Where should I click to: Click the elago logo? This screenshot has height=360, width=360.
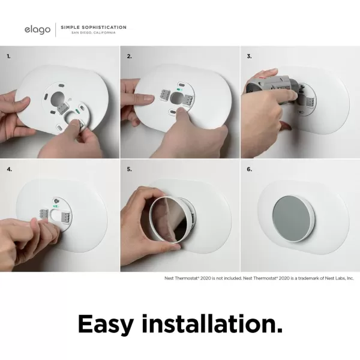[37, 29]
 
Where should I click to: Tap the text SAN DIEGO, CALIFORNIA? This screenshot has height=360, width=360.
[94, 32]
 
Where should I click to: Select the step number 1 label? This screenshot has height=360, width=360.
[9, 56]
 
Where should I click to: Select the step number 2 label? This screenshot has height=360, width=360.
[130, 56]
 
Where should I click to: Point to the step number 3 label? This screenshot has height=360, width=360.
[250, 56]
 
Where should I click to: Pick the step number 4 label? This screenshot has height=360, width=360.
[9, 169]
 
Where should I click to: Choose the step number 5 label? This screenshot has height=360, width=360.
[130, 169]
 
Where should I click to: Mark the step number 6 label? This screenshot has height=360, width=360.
[250, 169]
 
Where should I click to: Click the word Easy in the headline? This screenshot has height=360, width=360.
[106, 324]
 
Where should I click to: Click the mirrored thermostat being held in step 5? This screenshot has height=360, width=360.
[169, 220]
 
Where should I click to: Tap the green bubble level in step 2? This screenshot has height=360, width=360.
[179, 90]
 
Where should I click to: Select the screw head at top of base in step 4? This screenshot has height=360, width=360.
[56, 200]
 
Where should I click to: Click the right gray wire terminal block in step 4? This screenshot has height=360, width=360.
[66, 217]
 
